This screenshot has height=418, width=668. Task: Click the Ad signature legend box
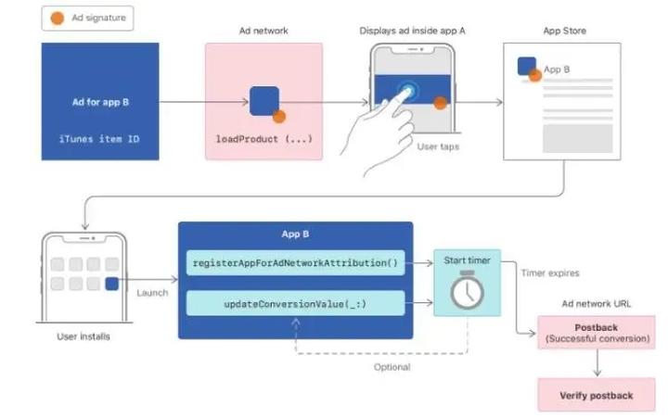[x=87, y=18]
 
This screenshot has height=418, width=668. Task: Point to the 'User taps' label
[x=438, y=146]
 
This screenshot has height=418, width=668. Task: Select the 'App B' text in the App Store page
[x=557, y=69]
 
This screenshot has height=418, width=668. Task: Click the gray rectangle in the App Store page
[x=577, y=137]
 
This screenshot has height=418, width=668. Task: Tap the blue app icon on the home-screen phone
[x=112, y=284]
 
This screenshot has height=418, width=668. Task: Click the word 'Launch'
[x=153, y=293]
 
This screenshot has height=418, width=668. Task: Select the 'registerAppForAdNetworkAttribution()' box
[x=295, y=263]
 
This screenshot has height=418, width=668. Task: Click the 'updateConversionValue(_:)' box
[x=295, y=303]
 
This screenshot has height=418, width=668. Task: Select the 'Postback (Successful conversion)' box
[x=596, y=333]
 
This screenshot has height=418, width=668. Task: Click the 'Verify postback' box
[x=596, y=395]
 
